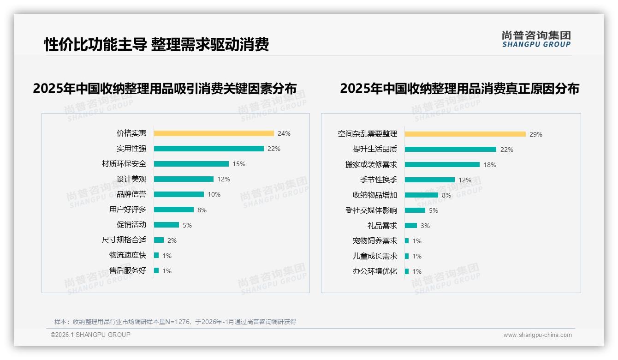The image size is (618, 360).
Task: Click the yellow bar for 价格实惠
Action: click(x=214, y=133)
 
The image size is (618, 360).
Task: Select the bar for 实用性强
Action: click(x=208, y=149)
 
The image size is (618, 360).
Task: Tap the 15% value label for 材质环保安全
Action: click(x=239, y=164)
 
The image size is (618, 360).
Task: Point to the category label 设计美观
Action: click(x=131, y=179)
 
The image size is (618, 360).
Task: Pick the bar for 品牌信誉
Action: click(x=178, y=194)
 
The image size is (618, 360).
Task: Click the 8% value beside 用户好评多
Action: click(x=202, y=210)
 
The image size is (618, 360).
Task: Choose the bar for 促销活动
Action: click(x=166, y=225)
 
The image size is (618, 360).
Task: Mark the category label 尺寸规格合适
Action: click(x=124, y=240)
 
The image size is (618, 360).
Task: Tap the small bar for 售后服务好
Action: click(x=156, y=270)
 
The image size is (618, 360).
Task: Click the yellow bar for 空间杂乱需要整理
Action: click(x=465, y=134)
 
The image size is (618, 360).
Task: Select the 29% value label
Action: click(x=536, y=134)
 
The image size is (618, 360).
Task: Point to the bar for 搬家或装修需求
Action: click(x=442, y=165)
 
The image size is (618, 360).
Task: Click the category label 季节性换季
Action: click(x=379, y=180)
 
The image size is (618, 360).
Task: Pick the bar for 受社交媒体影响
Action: click(x=415, y=210)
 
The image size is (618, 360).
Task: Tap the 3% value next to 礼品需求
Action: click(x=425, y=226)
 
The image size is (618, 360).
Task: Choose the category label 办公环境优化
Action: click(x=375, y=271)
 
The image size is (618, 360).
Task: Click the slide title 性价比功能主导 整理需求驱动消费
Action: click(x=156, y=44)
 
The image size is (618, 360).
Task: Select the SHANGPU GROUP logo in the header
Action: click(x=536, y=39)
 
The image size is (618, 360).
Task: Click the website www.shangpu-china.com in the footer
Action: click(x=537, y=335)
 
